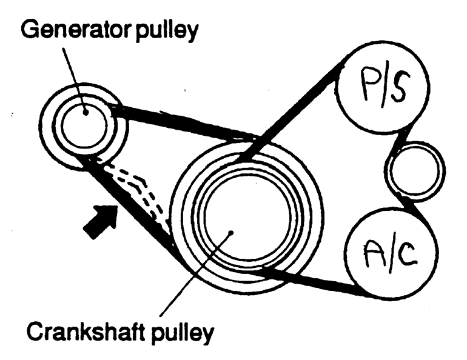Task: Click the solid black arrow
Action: pyautogui.click(x=99, y=221)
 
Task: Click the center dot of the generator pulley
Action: pyautogui.click(x=86, y=110)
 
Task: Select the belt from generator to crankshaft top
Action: pyautogui.click(x=182, y=124)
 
